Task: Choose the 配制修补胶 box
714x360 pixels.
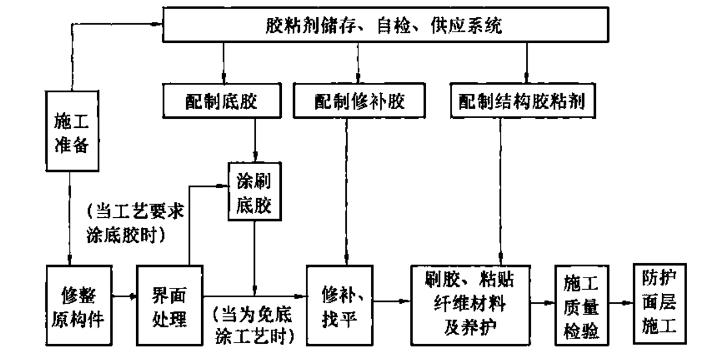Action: (x=360, y=101)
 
